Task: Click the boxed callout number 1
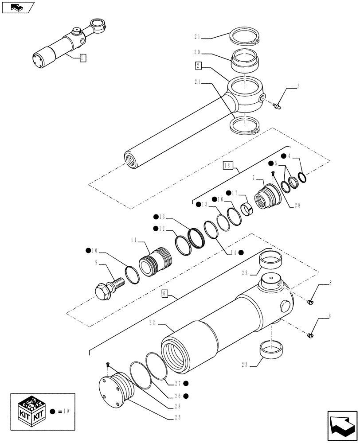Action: (x=82, y=57)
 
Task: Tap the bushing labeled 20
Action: (x=245, y=61)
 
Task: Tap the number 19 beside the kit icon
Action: (x=67, y=412)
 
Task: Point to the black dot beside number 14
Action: (x=241, y=253)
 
